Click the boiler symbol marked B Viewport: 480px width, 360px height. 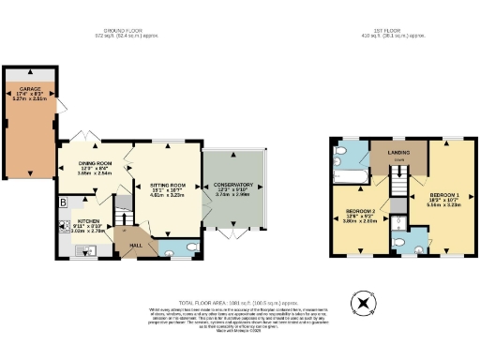pyautogui.click(x=62, y=202)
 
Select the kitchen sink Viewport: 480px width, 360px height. pyautogui.click(x=83, y=249)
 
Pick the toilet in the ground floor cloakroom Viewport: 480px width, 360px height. pyautogui.click(x=190, y=247)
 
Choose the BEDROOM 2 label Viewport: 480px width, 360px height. pyautogui.click(x=361, y=212)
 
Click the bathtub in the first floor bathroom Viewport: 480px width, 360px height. pyautogui.click(x=351, y=175)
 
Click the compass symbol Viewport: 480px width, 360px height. pyautogui.click(x=359, y=302)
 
